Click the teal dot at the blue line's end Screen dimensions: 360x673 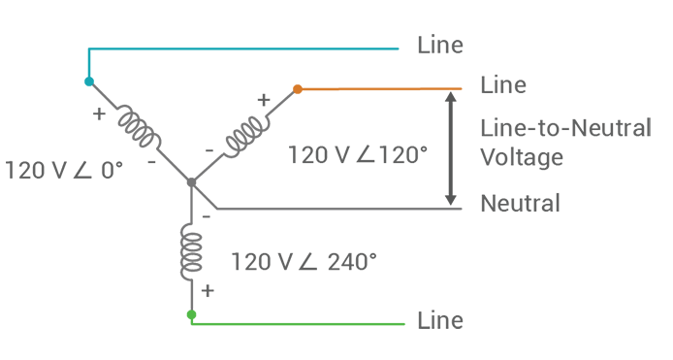89,82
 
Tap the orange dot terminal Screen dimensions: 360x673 298,89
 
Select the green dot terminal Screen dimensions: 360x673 191,314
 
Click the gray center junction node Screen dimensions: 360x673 191,181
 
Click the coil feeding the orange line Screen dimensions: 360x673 245,134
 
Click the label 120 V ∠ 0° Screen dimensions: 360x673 65,170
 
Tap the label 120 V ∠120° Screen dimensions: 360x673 358,155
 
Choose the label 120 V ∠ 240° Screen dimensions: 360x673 303,261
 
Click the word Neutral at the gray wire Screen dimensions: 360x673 521,204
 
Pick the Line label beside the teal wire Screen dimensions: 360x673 439,46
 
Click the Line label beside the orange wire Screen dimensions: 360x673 503,85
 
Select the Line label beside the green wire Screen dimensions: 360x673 439,320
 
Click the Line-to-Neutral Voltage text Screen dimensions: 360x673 564,143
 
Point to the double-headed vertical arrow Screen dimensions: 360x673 450,147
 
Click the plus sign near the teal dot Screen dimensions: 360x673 99,113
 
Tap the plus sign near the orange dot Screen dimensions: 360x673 262,99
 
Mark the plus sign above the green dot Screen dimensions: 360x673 207,290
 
